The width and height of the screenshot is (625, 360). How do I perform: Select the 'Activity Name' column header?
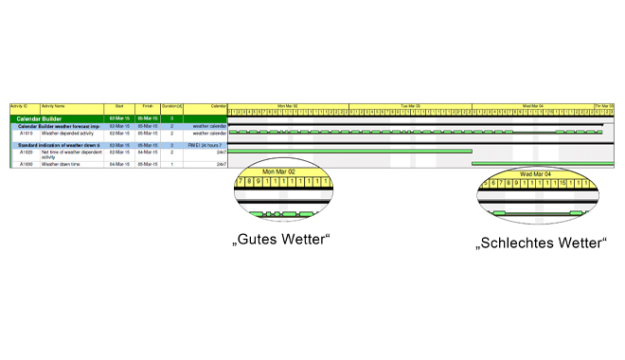coord(53,106)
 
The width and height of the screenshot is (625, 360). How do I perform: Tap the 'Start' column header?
coord(119,106)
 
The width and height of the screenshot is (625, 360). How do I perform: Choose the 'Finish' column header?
coord(148,106)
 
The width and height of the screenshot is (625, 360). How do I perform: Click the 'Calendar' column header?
coord(219,106)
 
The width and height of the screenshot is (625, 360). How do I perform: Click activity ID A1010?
coord(27,134)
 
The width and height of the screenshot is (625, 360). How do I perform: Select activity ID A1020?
coord(27,152)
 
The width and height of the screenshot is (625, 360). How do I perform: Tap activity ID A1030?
coord(27,164)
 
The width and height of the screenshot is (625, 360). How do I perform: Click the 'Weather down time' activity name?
coord(61,164)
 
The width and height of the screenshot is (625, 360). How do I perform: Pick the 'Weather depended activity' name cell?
coord(66,134)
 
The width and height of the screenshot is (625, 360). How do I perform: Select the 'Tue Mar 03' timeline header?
coord(410,106)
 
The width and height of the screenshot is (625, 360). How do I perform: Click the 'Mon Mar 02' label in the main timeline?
coord(288,106)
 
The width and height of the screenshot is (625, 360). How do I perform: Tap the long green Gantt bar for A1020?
coord(350,152)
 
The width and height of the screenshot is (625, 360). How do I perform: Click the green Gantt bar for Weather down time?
coord(540,164)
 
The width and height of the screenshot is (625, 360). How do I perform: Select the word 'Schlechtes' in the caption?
coord(517,243)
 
